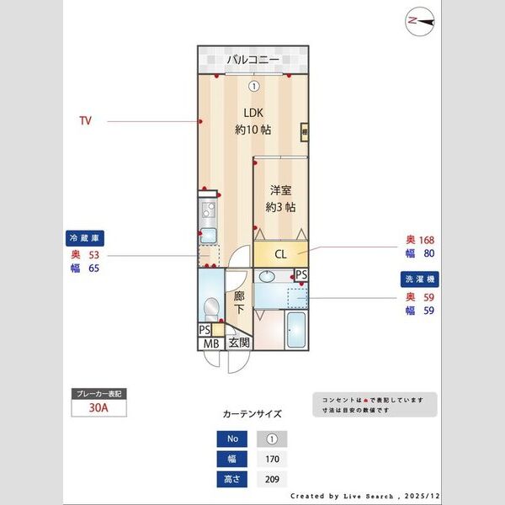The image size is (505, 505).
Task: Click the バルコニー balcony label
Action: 252,60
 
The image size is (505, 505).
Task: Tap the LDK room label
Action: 253,113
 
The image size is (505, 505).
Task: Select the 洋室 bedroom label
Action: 280,191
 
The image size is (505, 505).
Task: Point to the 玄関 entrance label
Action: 239,343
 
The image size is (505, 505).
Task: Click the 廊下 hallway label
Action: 239,302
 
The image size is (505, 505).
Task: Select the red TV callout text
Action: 85,121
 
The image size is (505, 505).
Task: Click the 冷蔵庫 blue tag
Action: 85,238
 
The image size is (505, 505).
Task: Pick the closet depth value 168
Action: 426,239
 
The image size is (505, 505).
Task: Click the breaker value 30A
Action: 99,408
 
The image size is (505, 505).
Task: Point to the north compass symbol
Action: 418,22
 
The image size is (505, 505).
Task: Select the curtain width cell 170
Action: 271,459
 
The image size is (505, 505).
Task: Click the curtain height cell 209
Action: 271,479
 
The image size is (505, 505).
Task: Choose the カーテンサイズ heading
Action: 252,414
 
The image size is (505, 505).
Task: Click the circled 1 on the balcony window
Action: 253,85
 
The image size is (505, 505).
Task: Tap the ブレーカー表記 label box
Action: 99,393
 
